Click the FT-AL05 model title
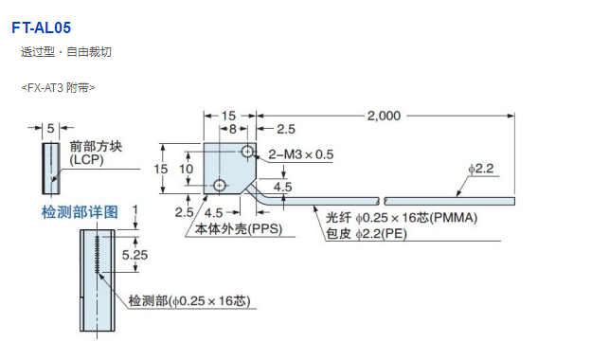(x=42, y=27)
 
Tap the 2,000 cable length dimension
(x=384, y=116)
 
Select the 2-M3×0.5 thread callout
(x=301, y=154)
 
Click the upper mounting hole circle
(x=247, y=151)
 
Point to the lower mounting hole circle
(x=220, y=186)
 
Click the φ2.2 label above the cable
(x=481, y=169)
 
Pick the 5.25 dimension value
(x=134, y=255)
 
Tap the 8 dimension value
(x=233, y=129)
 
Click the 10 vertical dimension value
(x=186, y=169)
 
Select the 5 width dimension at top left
(x=51, y=128)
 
